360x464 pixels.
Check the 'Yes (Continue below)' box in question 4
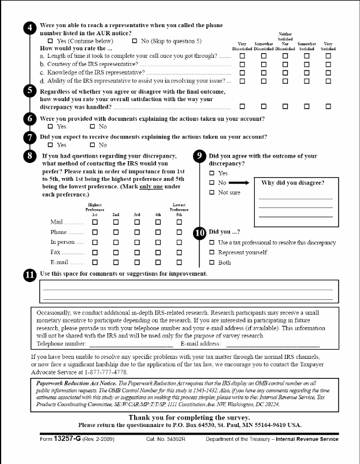pyautogui.click(x=51, y=42)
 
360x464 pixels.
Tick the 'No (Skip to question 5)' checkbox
pyautogui.click(x=135, y=42)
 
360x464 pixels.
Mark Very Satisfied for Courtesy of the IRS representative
pyautogui.click(x=328, y=65)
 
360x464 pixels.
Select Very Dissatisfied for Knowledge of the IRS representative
pyautogui.click(x=243, y=73)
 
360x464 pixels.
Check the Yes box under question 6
pyautogui.click(x=50, y=127)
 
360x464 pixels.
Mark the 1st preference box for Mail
pyautogui.click(x=95, y=221)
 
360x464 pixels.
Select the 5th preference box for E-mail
pyautogui.click(x=179, y=263)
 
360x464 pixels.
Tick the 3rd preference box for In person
pyautogui.click(x=137, y=242)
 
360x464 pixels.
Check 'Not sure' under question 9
pyautogui.click(x=212, y=192)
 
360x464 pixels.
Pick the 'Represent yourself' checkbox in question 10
pyautogui.click(x=212, y=253)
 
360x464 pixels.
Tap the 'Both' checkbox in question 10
pyautogui.click(x=212, y=263)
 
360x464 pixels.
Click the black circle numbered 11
pyautogui.click(x=31, y=274)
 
